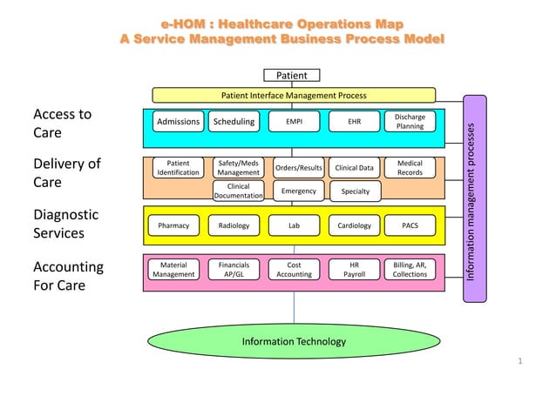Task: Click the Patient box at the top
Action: (x=291, y=76)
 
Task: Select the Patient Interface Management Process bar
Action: (x=294, y=95)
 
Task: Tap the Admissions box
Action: (x=178, y=122)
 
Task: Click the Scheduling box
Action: (x=234, y=122)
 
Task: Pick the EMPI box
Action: (x=295, y=122)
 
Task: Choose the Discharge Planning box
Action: (x=410, y=121)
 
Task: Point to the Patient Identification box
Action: (x=178, y=167)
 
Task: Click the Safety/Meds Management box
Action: (x=238, y=167)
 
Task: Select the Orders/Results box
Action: (x=298, y=167)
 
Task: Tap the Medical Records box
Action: (x=410, y=167)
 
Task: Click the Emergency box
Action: (x=298, y=191)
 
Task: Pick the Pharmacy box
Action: (x=173, y=225)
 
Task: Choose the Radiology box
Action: (x=234, y=225)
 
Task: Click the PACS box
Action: (x=410, y=225)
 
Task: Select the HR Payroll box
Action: (x=354, y=269)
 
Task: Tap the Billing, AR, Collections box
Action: (x=410, y=269)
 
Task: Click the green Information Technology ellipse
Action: (x=294, y=341)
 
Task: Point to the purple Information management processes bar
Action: (x=473, y=199)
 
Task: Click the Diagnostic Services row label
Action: (x=66, y=224)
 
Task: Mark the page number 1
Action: (x=519, y=360)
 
